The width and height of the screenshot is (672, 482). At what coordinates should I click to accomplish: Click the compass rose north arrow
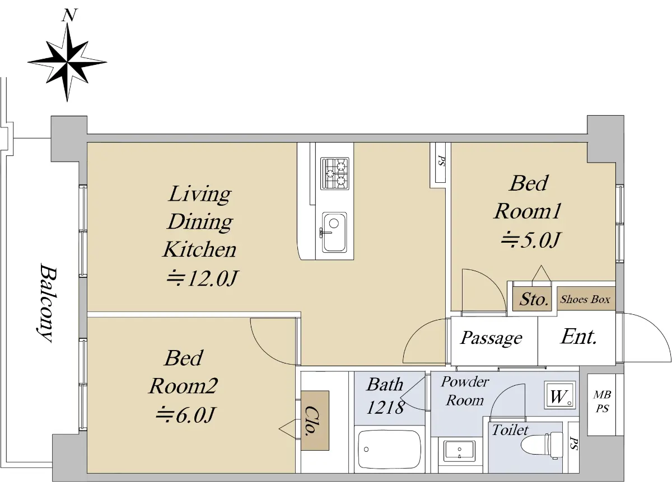click(x=67, y=62)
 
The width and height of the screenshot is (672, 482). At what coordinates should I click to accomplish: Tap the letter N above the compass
click(x=69, y=15)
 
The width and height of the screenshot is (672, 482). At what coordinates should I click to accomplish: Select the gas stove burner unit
click(x=335, y=173)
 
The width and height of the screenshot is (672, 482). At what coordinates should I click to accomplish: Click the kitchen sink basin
click(x=334, y=232)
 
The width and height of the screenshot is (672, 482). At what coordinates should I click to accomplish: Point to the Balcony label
click(x=48, y=303)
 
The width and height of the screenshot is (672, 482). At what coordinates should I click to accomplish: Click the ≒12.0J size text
click(x=203, y=278)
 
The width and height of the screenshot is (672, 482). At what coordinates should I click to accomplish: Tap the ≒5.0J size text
click(x=530, y=240)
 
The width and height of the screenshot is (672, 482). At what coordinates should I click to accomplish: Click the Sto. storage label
click(x=534, y=299)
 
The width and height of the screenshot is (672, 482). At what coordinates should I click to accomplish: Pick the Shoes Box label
click(x=585, y=299)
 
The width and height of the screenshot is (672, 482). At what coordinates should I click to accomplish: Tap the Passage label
click(x=491, y=338)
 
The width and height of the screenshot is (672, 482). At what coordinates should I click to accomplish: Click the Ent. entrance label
click(x=578, y=337)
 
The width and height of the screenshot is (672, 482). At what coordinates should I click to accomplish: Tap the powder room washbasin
click(x=459, y=450)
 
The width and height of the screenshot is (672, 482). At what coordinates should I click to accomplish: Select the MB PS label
click(x=602, y=401)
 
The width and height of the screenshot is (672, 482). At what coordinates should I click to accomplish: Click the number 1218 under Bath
click(x=385, y=408)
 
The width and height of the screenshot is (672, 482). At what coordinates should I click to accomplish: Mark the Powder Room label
click(x=465, y=391)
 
